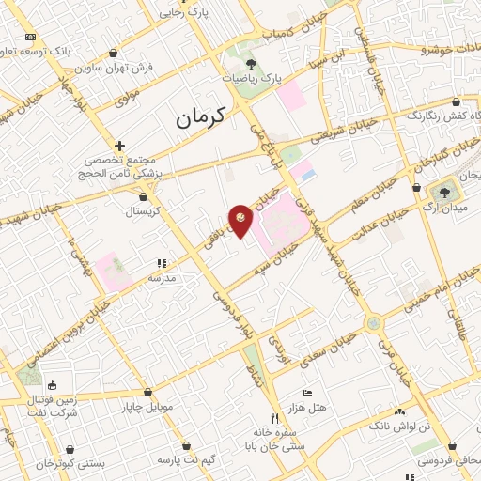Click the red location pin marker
pyautogui.click(x=241, y=220)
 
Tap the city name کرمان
pyautogui.click(x=201, y=117)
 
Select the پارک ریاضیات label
pyautogui.click(x=251, y=79)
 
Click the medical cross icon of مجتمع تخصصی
pyautogui.click(x=119, y=146)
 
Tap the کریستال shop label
pyautogui.click(x=144, y=211)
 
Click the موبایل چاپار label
pyautogui.click(x=147, y=408)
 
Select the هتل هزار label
pyautogui.click(x=307, y=406)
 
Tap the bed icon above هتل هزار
pyautogui.click(x=307, y=392)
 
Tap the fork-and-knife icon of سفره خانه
pyautogui.click(x=275, y=418)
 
